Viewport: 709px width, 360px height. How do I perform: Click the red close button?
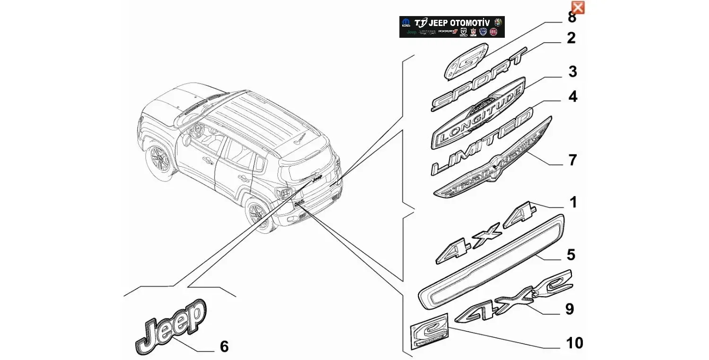(x=578, y=7)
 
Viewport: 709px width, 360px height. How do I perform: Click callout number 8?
(x=572, y=18)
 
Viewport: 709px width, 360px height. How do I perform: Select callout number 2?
(x=571, y=38)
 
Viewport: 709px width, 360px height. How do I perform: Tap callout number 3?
(x=572, y=72)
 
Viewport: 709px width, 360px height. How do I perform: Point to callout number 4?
(x=572, y=97)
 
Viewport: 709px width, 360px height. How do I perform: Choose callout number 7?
(x=572, y=161)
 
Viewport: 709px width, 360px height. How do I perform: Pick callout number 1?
(x=573, y=203)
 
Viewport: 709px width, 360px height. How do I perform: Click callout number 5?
(x=571, y=255)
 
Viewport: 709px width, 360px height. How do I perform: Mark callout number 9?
(x=570, y=309)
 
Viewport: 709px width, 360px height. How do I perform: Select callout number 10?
(x=575, y=343)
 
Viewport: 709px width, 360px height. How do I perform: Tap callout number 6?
(x=224, y=347)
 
